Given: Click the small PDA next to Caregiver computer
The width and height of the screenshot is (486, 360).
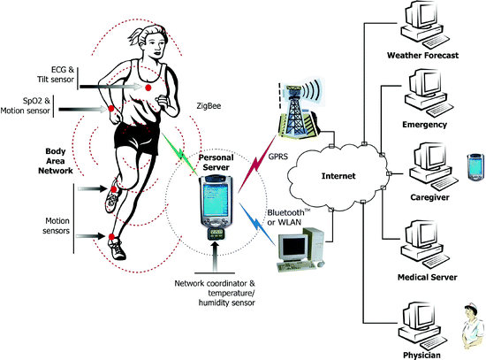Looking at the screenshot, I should pos(471,165).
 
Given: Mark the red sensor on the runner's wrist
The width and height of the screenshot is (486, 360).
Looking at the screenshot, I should pos(111,111).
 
